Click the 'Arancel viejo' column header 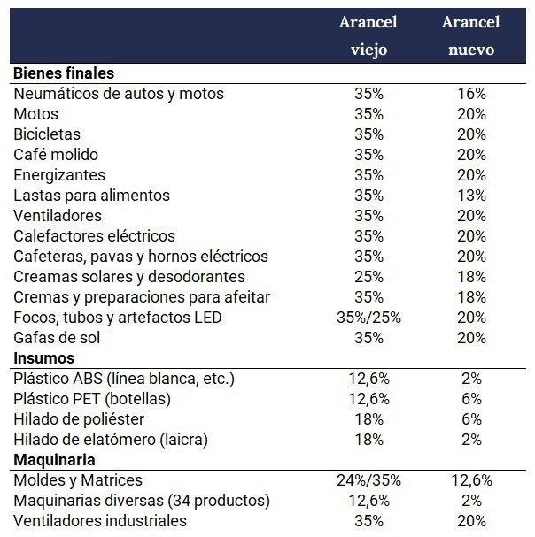pos(368,35)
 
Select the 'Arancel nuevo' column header pos(470,35)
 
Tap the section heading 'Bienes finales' pos(63,73)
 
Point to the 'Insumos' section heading pos(44,358)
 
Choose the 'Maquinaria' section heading pos(55,460)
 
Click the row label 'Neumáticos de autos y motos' pos(119,94)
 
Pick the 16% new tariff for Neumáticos pos(470,94)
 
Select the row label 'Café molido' pos(56,155)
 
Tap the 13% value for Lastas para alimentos pos(470,196)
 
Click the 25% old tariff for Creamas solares pos(368,277)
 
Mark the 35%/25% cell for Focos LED pos(368,318)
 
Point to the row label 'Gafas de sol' pos(57,338)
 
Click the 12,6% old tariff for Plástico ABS pos(368,379)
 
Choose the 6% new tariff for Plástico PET pos(470,399)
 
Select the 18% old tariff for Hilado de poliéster pos(368,419)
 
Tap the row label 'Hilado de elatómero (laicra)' pos(111,440)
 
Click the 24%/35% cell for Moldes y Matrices pos(368,480)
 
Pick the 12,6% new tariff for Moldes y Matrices pos(470,480)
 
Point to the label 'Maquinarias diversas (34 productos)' pos(141,501)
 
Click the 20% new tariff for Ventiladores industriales pos(470,521)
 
